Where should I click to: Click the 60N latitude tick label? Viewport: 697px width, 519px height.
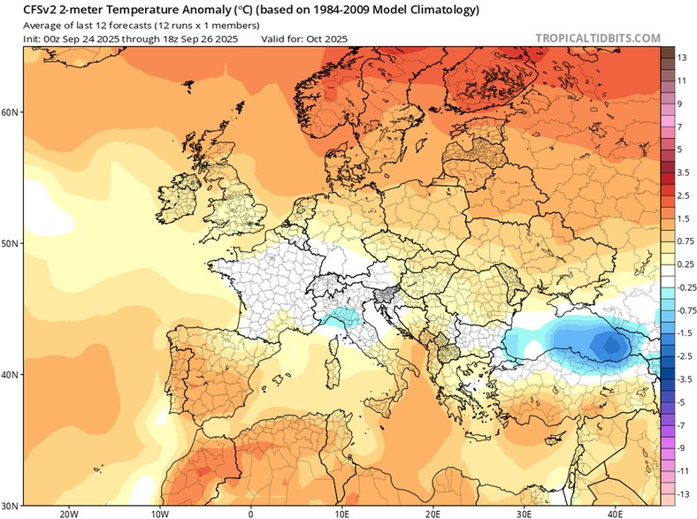11,112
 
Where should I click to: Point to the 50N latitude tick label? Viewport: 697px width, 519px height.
11,243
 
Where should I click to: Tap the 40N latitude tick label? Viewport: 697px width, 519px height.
11,375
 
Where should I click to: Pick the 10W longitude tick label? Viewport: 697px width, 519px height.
160,512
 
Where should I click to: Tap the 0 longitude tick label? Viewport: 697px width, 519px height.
251,512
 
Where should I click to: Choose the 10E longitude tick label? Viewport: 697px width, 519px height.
341,512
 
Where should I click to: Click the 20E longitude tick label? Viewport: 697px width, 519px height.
433,512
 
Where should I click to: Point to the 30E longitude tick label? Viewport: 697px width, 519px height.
525,512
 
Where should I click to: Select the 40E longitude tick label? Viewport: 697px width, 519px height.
616,512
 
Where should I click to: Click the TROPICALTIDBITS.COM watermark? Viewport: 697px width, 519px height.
598,38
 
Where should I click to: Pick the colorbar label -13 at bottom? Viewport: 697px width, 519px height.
682,494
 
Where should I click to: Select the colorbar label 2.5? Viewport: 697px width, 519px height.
683,196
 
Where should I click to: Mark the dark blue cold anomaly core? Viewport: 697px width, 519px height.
609,343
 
